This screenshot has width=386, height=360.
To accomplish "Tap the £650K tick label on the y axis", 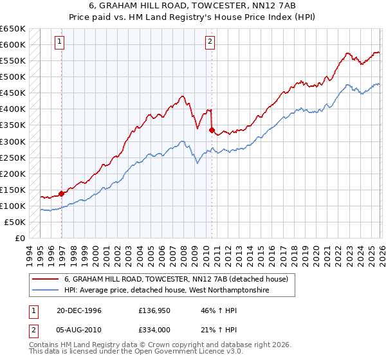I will point(13,29).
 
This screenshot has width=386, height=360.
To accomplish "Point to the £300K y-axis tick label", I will point(13,141).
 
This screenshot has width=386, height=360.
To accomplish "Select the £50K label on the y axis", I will point(15,222).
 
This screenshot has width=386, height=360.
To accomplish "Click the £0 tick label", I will point(21,238).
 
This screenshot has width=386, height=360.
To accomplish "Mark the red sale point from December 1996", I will point(62,193).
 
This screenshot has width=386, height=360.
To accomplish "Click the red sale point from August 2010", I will point(212,130).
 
